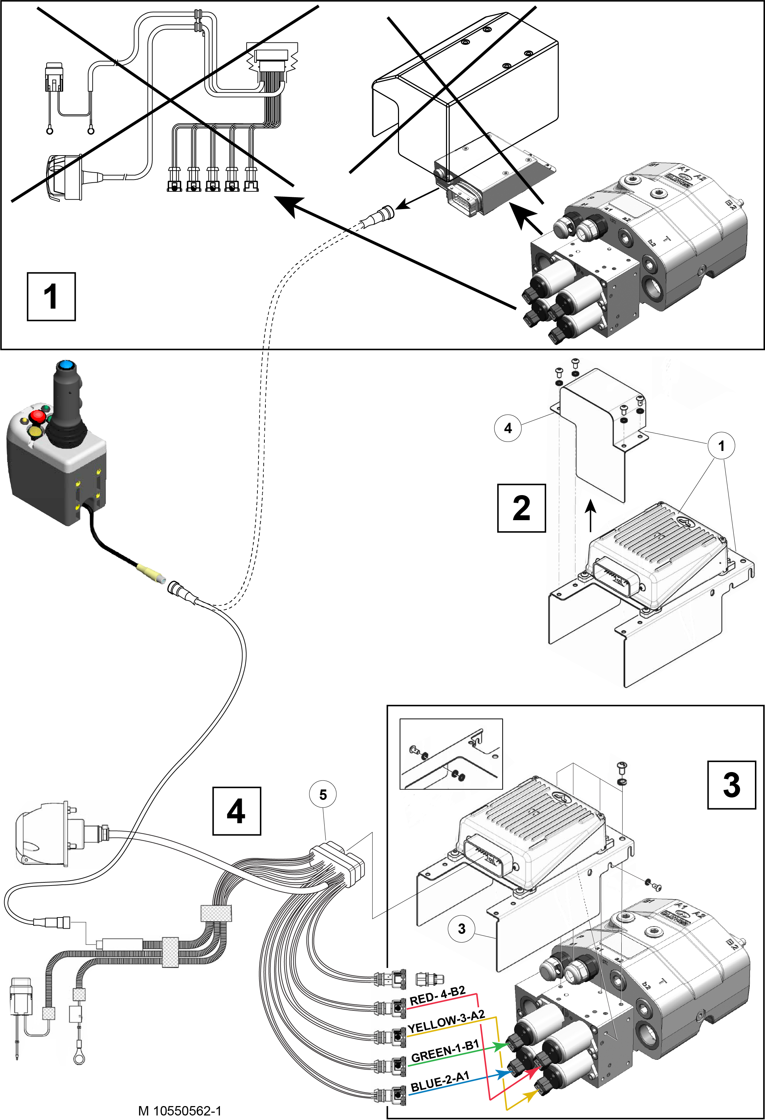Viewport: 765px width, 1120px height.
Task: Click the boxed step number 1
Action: [x=51, y=296]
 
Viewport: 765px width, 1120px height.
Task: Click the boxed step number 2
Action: [x=521, y=508]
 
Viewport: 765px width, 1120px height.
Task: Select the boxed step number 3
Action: [x=731, y=785]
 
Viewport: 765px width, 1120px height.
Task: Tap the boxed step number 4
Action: [x=237, y=811]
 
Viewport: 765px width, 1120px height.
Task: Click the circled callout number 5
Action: [x=323, y=795]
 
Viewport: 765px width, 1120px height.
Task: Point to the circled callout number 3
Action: [x=462, y=929]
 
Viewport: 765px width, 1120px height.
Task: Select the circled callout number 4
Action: [x=508, y=428]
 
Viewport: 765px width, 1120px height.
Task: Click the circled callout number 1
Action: [x=721, y=446]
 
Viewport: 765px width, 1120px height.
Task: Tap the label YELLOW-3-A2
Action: [x=446, y=1022]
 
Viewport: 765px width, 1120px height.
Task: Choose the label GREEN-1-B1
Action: [x=445, y=1051]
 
